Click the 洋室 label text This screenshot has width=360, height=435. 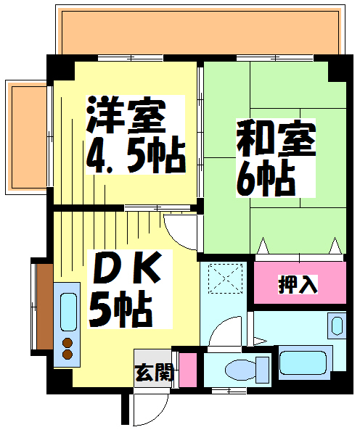(126, 115)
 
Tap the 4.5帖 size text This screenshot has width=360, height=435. (135, 155)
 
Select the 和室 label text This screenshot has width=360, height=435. (276, 138)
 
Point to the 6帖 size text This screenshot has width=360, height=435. (266, 178)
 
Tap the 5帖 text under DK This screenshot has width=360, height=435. (120, 309)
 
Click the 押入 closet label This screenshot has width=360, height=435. (298, 285)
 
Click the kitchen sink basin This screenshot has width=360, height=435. (68, 312)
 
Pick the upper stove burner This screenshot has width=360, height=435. (67, 343)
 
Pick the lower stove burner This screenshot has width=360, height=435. (67, 354)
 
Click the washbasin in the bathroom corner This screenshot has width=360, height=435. (337, 326)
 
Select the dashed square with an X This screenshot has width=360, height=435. (225, 278)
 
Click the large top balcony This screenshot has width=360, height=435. (200, 33)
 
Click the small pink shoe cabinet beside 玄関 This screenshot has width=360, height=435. (188, 370)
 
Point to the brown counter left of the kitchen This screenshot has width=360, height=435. (45, 307)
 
